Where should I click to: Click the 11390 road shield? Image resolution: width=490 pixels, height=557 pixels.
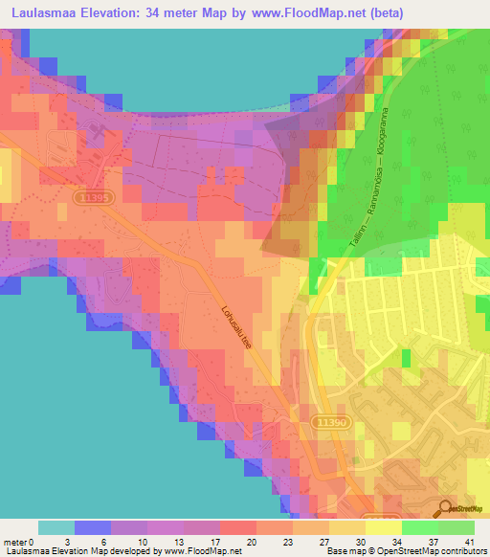(x=330, y=422)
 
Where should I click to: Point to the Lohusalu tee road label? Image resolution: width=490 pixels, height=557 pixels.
(x=236, y=328)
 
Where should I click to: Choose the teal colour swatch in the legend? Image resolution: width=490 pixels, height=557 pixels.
(x=56, y=527)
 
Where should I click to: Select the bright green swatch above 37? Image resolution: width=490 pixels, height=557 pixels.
(x=420, y=527)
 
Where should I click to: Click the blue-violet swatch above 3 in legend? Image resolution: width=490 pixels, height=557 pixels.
(x=93, y=527)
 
